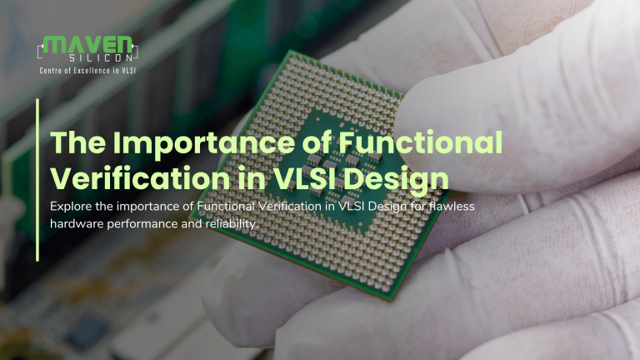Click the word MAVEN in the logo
87,44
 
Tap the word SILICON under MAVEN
101,58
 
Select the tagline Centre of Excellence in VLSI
87,71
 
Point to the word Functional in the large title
420,142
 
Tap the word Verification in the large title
140,178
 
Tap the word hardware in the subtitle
77,223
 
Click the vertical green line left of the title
37,180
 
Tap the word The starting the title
78,142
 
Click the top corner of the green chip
291,51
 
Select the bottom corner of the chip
391,300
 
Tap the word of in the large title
317,142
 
